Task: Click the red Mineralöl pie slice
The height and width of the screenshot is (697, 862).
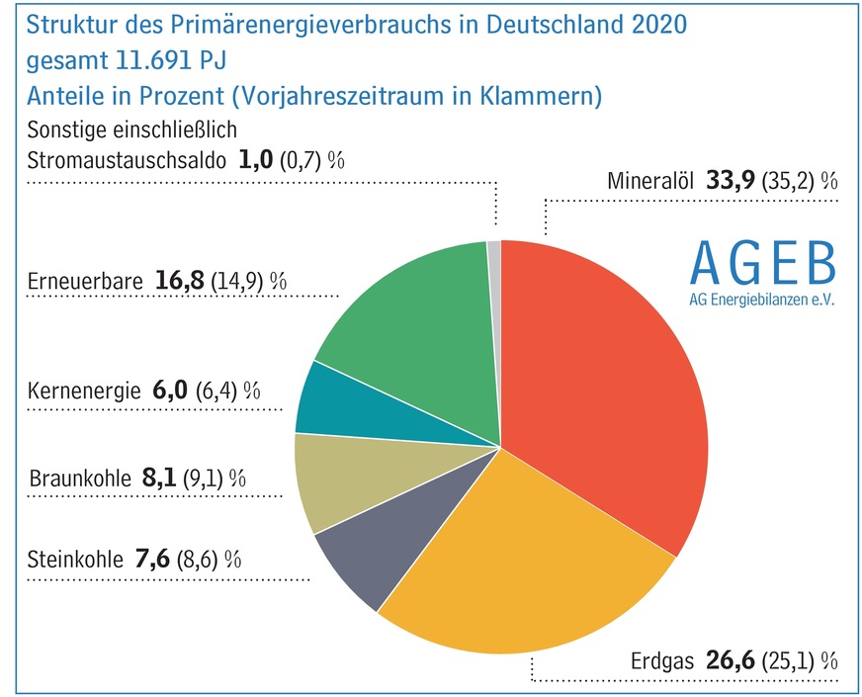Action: pos(613,386)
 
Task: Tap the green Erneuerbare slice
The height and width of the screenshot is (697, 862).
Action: pos(415,336)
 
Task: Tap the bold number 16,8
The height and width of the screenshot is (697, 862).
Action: pos(180,281)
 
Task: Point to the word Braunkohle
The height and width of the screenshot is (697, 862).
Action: pos(79,479)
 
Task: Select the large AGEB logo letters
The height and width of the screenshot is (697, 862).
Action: pos(761,260)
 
